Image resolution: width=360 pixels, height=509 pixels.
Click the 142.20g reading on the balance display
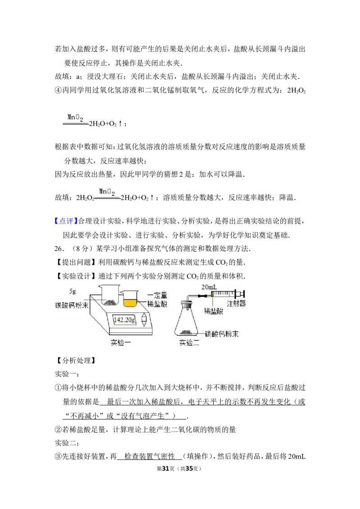125,320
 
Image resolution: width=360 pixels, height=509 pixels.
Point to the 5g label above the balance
73,291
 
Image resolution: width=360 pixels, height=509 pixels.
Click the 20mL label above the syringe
209,287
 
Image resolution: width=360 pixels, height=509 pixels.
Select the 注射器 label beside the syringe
236,304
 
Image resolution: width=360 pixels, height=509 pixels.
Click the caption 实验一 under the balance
121,343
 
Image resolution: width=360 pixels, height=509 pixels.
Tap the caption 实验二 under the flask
189,343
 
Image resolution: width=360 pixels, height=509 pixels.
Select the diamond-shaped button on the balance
144,319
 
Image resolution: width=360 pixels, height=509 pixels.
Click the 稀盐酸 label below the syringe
213,311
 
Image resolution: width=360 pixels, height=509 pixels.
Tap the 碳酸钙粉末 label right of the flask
222,334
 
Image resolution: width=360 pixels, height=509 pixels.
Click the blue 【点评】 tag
66,221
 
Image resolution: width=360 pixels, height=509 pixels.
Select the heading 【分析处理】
76,360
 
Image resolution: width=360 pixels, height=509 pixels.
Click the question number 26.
58,249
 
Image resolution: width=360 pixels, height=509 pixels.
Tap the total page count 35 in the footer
189,469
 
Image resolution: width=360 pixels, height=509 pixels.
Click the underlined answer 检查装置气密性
149,456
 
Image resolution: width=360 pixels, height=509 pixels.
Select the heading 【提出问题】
76,262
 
